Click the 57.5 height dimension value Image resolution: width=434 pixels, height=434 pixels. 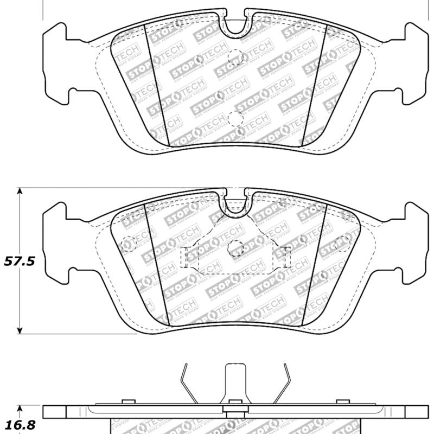[x=20, y=261]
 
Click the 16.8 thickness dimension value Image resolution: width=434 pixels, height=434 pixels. [x=20, y=425]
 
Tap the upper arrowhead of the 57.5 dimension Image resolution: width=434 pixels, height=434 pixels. [x=20, y=192]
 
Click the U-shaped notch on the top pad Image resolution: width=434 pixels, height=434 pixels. [x=234, y=24]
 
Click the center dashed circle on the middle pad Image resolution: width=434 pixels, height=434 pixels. [x=235, y=247]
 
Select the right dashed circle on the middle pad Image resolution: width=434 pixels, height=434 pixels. [x=342, y=241]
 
